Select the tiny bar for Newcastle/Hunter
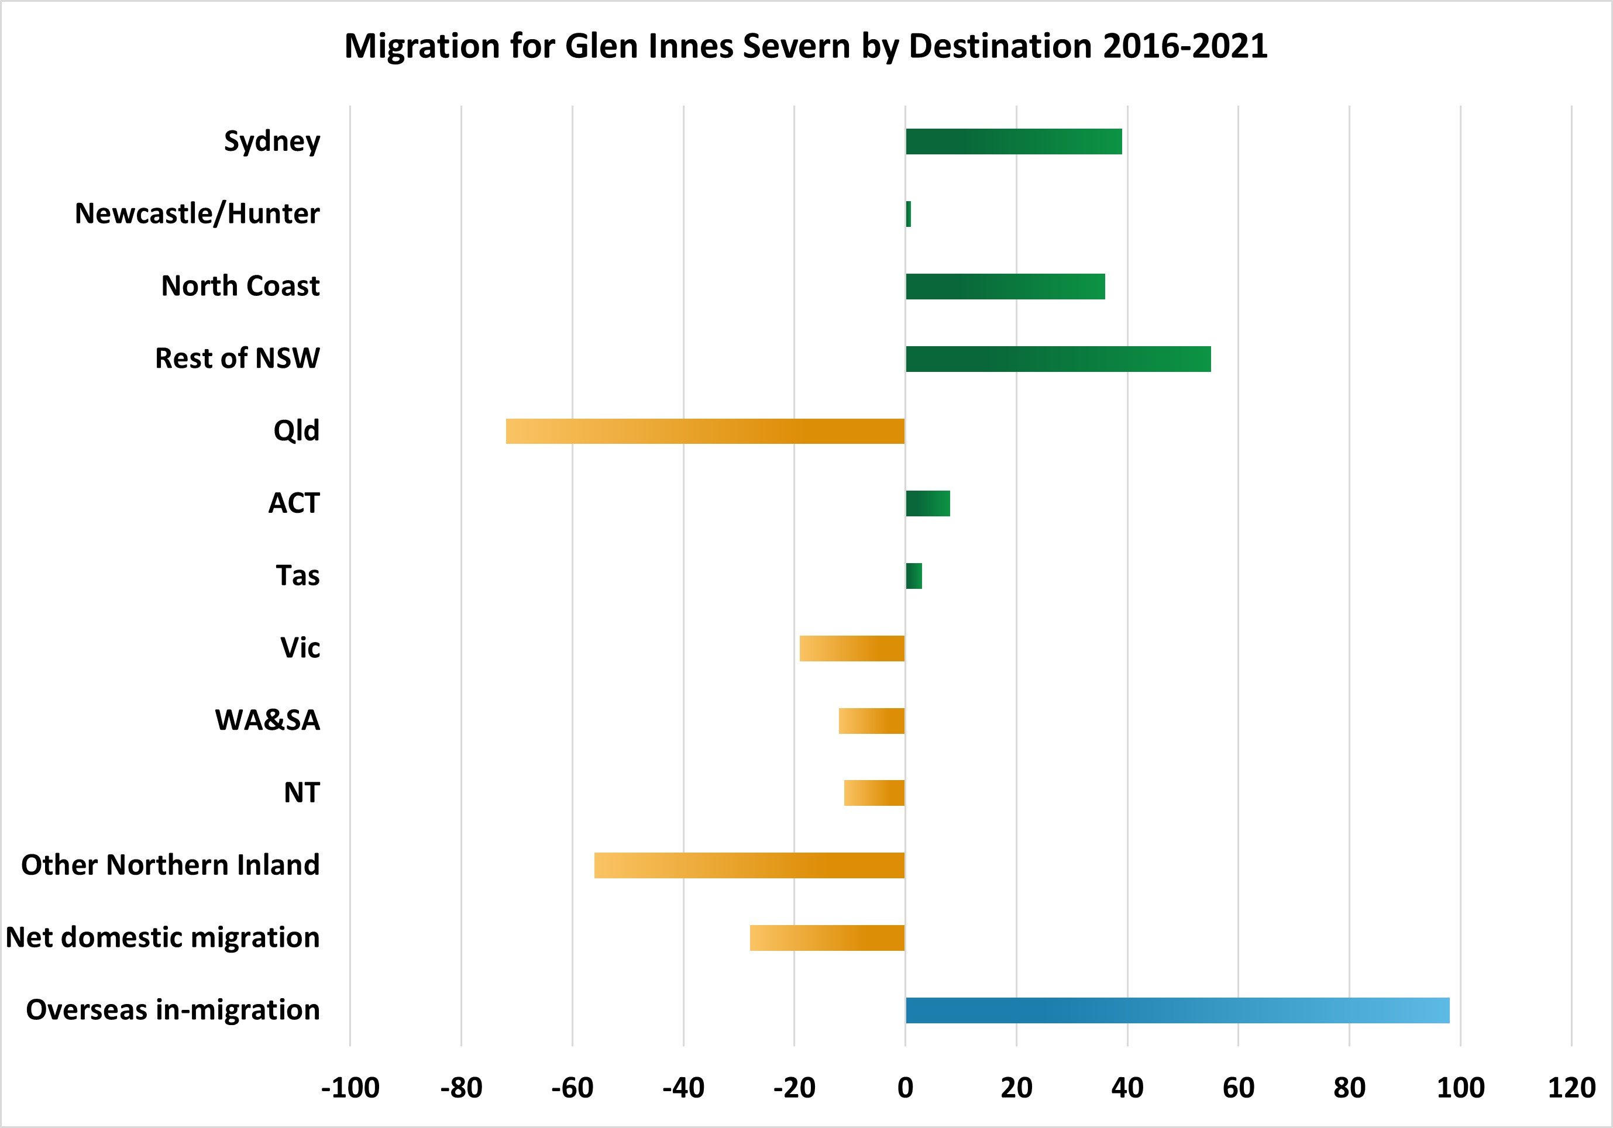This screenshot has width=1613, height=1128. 909,214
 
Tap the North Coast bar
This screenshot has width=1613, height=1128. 1005,287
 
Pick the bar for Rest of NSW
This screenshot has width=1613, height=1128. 1058,359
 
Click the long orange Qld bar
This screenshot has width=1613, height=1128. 706,431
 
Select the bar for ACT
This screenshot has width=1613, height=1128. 927,503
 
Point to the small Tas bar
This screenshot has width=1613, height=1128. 913,576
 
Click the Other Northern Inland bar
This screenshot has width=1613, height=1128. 749,865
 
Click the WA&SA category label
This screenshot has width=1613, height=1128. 267,720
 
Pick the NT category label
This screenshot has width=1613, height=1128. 301,793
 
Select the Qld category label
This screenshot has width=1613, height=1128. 296,430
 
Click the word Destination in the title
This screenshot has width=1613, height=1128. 1000,46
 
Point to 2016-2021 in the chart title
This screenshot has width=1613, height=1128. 1185,46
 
